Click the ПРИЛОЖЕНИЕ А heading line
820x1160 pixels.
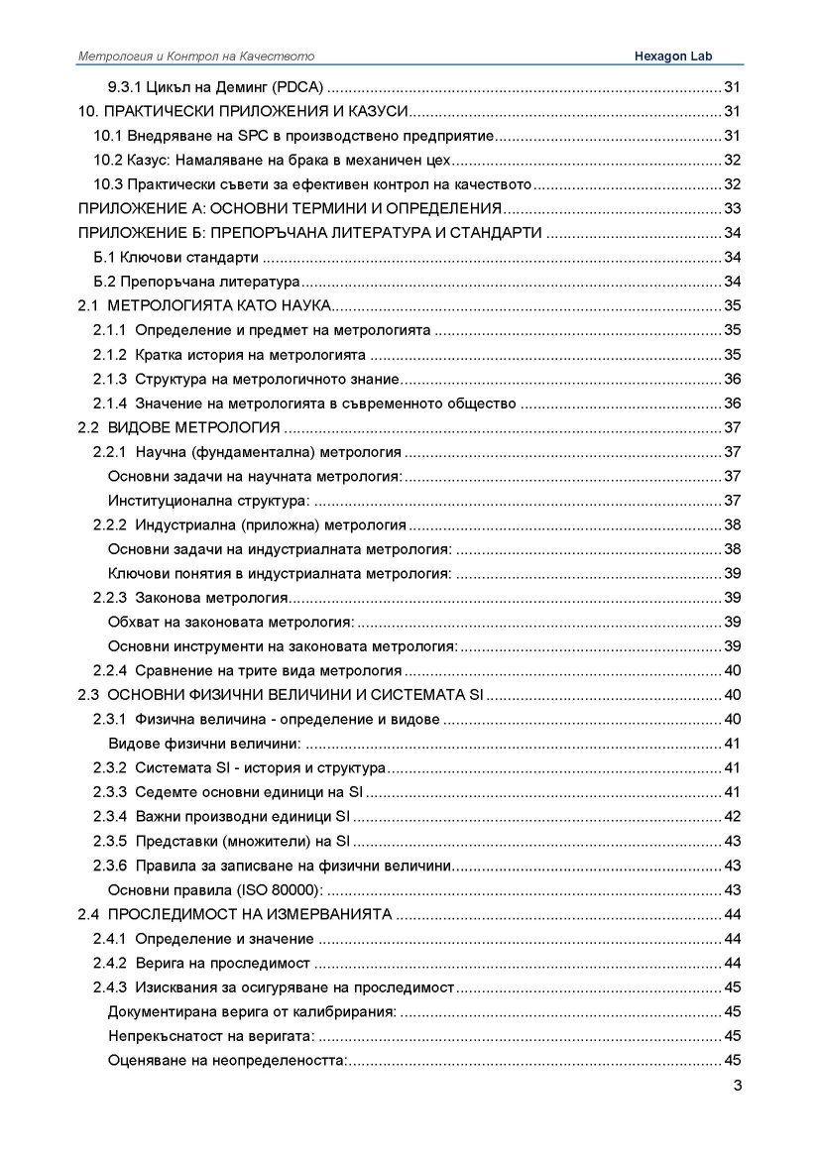coord(292,208)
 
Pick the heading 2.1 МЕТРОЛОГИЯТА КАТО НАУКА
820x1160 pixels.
coord(210,305)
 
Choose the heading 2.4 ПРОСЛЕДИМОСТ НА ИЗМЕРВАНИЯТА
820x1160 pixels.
coord(236,913)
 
